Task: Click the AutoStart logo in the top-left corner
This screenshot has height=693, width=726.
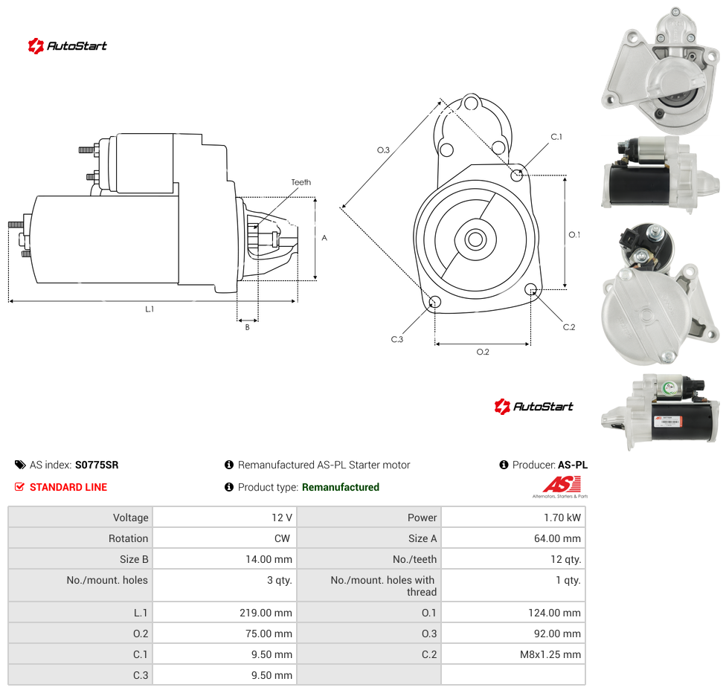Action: (x=68, y=46)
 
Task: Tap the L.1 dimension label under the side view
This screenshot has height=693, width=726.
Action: (x=150, y=309)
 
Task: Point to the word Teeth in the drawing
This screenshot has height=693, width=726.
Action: (x=301, y=182)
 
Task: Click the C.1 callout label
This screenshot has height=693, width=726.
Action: (x=556, y=137)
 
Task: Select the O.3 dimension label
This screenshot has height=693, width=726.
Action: (x=383, y=150)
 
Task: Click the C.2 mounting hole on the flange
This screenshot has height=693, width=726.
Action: (x=531, y=290)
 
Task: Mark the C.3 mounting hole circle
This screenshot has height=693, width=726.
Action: (x=434, y=303)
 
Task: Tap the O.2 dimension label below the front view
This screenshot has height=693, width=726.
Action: (x=483, y=352)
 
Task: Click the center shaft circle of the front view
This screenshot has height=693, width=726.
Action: (x=475, y=239)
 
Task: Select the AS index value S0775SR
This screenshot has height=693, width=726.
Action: (x=97, y=465)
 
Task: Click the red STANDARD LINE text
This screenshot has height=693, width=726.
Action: (x=68, y=487)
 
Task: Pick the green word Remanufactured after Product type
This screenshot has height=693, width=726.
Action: (x=341, y=487)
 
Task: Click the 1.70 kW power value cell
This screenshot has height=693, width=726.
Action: (x=513, y=518)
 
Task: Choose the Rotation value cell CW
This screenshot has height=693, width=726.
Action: (x=225, y=538)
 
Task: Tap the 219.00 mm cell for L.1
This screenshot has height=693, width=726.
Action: (x=225, y=613)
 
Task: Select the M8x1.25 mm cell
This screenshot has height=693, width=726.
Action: (x=513, y=654)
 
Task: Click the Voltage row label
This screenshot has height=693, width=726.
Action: (x=131, y=518)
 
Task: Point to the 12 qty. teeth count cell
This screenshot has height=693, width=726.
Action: (x=513, y=559)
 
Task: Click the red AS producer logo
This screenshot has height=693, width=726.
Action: (x=561, y=486)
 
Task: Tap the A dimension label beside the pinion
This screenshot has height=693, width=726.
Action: (x=324, y=238)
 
